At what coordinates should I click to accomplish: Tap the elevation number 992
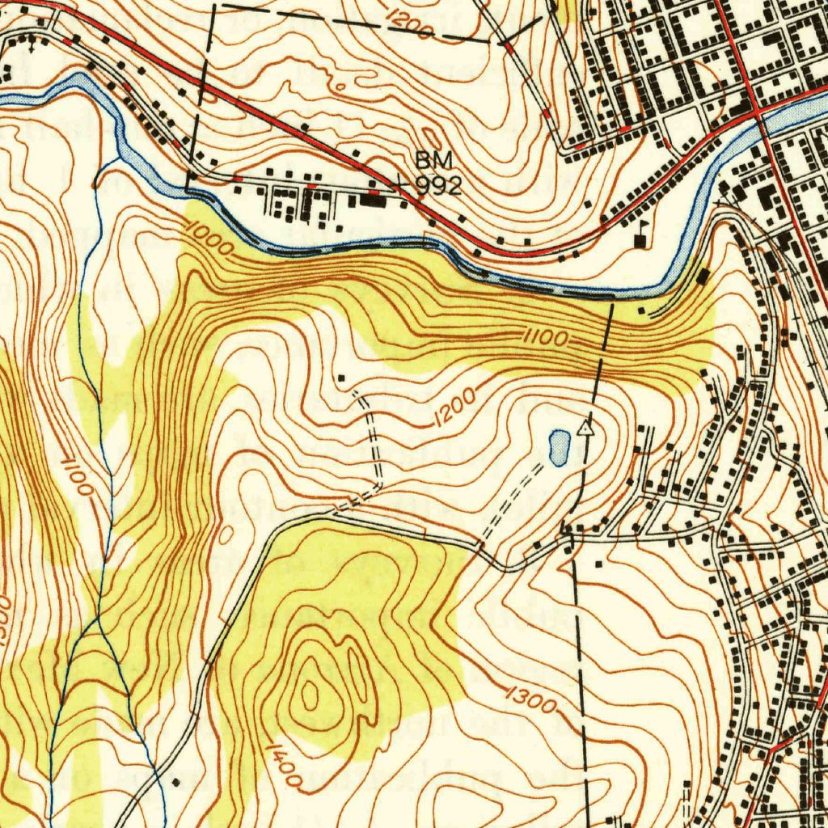[438, 187]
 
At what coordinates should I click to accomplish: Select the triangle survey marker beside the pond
[586, 429]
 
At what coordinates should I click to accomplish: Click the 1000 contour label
[208, 239]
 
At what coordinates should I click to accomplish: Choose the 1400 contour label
[284, 767]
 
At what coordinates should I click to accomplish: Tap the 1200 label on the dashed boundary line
[409, 23]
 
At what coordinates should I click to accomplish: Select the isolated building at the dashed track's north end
[340, 378]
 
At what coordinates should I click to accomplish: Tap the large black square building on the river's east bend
[702, 277]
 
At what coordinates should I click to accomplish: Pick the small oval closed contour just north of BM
[431, 138]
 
